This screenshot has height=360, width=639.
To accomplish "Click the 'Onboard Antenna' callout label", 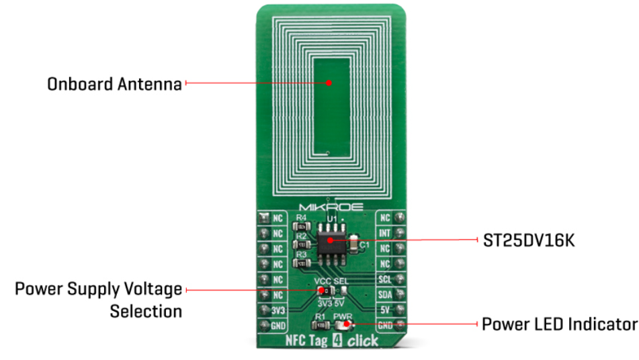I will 114,84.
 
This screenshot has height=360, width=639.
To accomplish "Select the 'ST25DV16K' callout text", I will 521,240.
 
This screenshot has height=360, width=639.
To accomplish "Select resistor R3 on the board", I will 302,263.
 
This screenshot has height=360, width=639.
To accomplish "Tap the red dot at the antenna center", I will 329,83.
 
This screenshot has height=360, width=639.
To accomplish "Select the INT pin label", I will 385,233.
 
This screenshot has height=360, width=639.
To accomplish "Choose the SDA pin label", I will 385,295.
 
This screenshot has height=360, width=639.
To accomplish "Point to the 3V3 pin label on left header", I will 277,310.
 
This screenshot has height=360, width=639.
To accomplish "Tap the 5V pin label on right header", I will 385,310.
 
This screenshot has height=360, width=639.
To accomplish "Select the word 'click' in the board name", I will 363,341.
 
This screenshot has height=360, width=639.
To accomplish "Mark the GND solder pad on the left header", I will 263,325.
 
